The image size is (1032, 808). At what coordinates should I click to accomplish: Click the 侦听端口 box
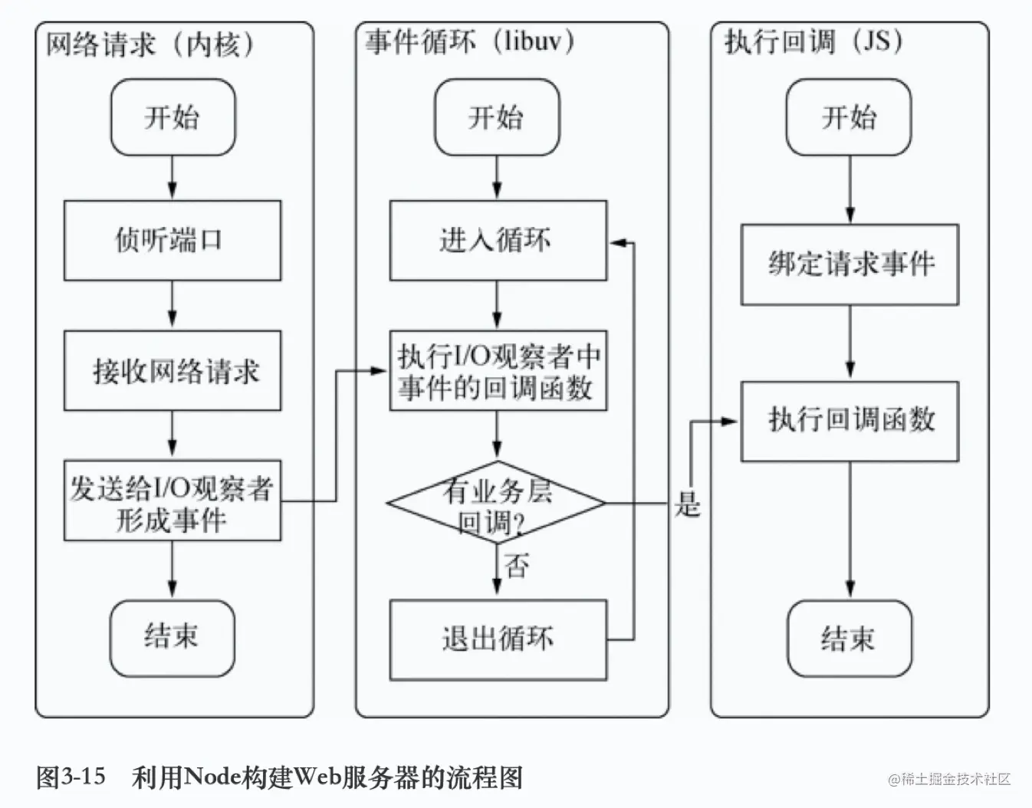click(172, 241)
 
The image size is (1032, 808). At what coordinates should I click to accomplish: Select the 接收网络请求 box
click(172, 371)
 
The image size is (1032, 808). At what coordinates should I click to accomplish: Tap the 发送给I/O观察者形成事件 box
click(172, 501)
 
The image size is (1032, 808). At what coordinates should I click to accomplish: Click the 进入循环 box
click(498, 241)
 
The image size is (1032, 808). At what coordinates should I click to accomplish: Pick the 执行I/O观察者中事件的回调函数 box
click(498, 371)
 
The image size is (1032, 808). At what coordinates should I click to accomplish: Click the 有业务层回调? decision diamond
click(497, 504)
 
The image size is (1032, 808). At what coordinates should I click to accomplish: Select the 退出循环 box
click(498, 639)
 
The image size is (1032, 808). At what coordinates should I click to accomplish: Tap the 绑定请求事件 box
click(850, 264)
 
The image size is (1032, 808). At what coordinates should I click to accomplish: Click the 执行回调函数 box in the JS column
click(850, 420)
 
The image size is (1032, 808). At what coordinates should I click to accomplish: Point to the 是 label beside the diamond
click(688, 505)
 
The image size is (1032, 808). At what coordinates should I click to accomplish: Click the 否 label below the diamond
click(518, 567)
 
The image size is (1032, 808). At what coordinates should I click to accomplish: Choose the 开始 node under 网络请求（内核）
click(172, 117)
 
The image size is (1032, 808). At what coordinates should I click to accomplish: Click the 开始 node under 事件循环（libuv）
click(497, 117)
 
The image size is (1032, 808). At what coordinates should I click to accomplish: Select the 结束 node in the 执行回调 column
click(849, 639)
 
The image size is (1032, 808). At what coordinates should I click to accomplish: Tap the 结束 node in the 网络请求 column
click(172, 637)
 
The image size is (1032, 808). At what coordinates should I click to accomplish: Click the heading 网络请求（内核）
click(150, 44)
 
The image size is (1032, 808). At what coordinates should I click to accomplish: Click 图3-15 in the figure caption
click(71, 777)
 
